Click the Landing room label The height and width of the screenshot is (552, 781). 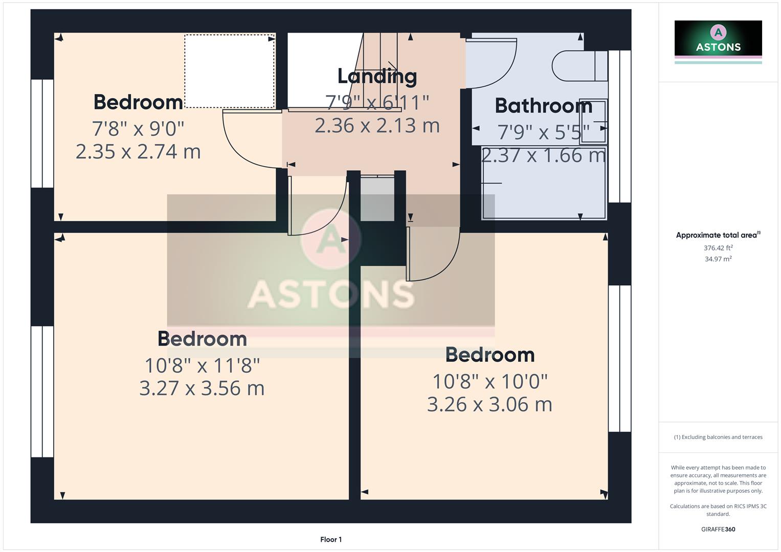(x=377, y=76)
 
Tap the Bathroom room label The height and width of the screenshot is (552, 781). (x=543, y=106)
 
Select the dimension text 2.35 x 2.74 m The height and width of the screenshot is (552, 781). (x=138, y=152)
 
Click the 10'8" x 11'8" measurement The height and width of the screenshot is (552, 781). (x=202, y=365)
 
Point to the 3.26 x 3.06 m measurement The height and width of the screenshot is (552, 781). (x=489, y=404)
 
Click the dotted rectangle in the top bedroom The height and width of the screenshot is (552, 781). (x=229, y=71)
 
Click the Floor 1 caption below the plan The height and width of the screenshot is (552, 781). (x=331, y=539)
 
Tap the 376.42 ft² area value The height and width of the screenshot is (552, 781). (x=718, y=248)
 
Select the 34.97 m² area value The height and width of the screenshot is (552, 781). (x=718, y=259)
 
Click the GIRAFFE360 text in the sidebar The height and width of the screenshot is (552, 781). (x=718, y=529)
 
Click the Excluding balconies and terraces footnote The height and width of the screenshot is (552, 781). (x=718, y=437)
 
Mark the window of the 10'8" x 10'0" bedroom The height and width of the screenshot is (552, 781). (x=619, y=358)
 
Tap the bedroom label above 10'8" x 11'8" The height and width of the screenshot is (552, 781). (x=202, y=339)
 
